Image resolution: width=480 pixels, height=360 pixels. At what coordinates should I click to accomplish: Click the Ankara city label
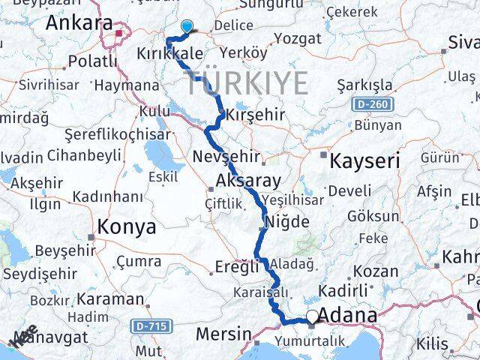coord(79,23)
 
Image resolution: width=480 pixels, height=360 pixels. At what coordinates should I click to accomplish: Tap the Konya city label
coord(127,226)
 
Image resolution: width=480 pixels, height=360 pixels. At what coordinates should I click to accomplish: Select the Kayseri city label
coord(365,160)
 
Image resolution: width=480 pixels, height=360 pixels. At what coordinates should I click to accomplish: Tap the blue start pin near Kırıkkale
coord(186,26)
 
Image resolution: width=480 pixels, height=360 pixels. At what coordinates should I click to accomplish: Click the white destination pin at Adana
coord(313,318)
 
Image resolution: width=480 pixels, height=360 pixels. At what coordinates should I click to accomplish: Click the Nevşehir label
coord(226,157)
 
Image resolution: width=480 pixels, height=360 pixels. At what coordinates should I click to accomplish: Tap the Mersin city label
coord(223,332)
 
